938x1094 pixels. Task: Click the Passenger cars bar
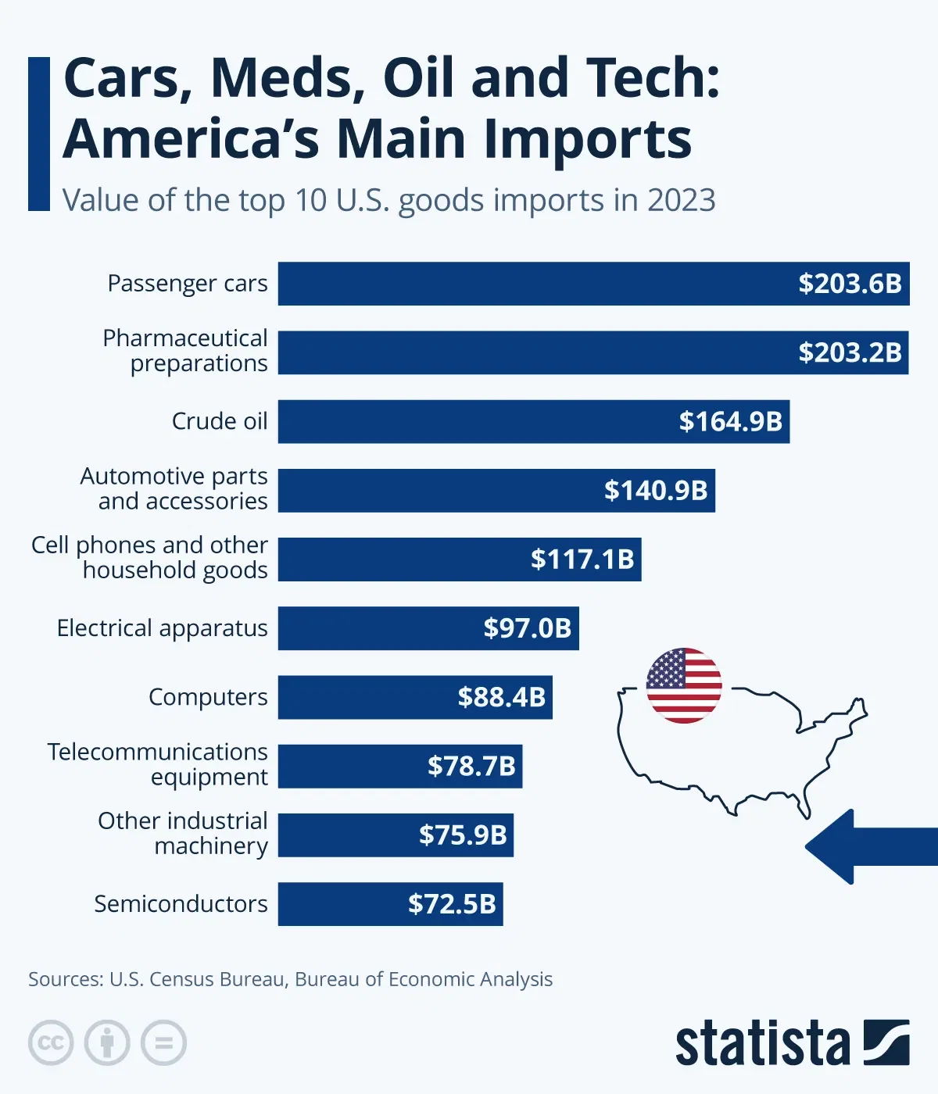pos(532,284)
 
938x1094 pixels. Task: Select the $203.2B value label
pos(850,352)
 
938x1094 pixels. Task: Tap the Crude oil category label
pos(220,421)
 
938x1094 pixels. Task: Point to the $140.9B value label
pos(655,491)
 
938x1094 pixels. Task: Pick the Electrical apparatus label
pos(163,628)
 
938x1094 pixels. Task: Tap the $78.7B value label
pos(471,766)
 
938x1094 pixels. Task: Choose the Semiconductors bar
pos(344,904)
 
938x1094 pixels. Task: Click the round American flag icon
pos(684,685)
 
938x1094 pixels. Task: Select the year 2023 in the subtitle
pos(681,201)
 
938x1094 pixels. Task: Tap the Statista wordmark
pos(762,1043)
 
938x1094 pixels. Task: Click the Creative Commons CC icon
pos(51,1042)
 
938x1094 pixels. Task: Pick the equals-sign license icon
pos(163,1042)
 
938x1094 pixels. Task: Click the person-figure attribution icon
pos(107,1042)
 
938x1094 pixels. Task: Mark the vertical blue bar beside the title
pos(39,134)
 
